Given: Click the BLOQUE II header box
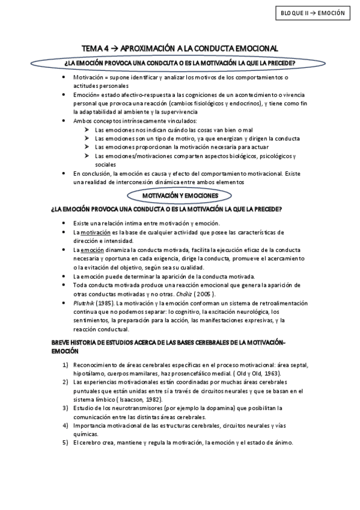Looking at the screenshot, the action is [x=313, y=12].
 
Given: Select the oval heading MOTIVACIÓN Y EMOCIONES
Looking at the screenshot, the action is [x=180, y=196].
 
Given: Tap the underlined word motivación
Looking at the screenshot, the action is [x=95, y=232].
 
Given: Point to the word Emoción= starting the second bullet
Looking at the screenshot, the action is [x=87, y=95].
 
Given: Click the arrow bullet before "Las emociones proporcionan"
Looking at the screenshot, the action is [x=88, y=147].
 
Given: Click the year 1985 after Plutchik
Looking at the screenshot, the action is [x=106, y=303].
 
